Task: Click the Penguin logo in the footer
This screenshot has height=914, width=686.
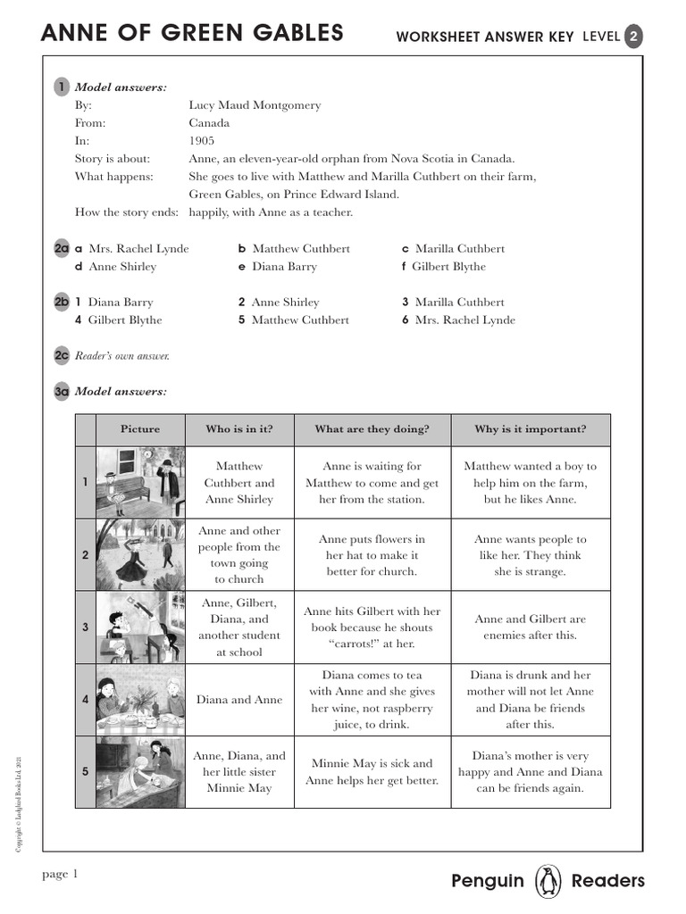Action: [x=548, y=881]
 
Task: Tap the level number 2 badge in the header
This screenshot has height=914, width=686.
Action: [x=632, y=36]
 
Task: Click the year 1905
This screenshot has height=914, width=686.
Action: [x=202, y=141]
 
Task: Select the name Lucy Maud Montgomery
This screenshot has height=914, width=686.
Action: [x=255, y=105]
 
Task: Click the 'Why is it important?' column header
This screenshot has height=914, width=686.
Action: [x=531, y=429]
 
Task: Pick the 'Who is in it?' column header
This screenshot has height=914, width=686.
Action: [x=239, y=429]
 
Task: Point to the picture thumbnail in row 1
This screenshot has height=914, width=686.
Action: [x=140, y=482]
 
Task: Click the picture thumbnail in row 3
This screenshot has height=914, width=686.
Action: [x=140, y=627]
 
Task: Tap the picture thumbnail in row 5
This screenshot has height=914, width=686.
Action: [x=140, y=771]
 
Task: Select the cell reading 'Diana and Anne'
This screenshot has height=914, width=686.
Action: [x=239, y=700]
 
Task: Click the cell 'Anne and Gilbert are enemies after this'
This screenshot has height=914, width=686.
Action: [x=531, y=627]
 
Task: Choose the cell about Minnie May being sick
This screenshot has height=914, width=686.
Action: [x=372, y=772]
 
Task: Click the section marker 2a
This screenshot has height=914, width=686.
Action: [x=62, y=249]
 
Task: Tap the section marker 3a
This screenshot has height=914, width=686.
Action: [x=62, y=391]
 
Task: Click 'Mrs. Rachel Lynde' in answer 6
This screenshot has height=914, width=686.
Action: [x=464, y=320]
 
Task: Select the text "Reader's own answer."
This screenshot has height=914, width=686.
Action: [x=122, y=356]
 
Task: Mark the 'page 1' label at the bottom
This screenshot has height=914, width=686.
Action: [x=61, y=874]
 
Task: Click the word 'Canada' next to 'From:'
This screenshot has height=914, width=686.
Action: [x=209, y=123]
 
